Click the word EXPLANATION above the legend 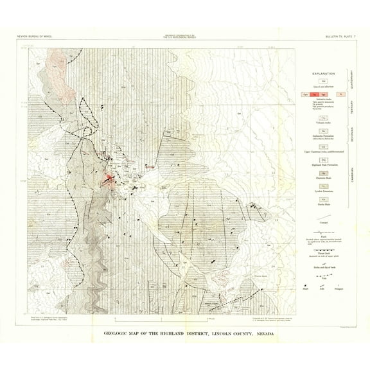[x=323, y=73]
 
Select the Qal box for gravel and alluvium [x=324, y=82]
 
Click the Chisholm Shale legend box [x=324, y=172]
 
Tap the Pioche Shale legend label [x=324, y=205]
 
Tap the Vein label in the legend [x=324, y=274]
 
